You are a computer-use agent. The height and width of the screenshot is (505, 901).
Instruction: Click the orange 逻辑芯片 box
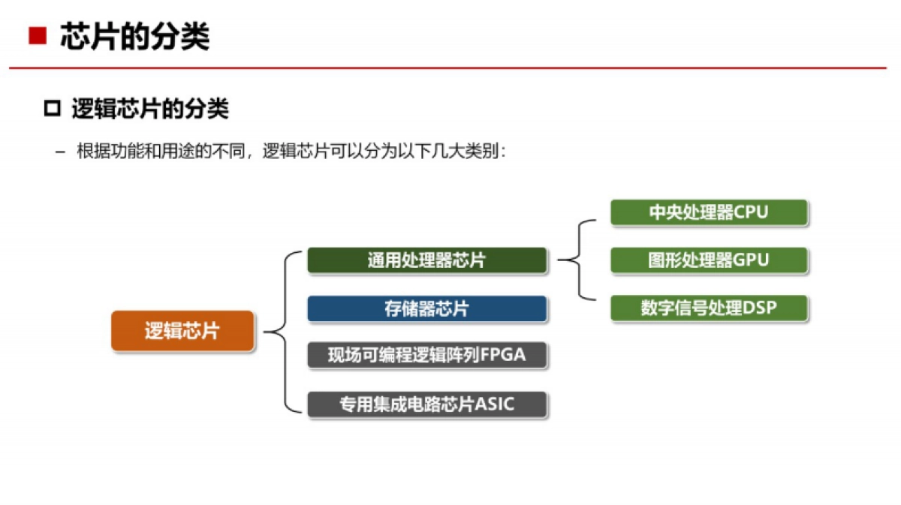click(x=182, y=331)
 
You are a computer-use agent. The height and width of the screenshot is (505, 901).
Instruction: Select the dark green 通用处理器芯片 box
click(x=426, y=260)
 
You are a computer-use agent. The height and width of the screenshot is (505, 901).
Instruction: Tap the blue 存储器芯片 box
click(x=426, y=308)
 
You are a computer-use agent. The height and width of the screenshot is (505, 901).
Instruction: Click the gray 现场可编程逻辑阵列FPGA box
click(x=426, y=355)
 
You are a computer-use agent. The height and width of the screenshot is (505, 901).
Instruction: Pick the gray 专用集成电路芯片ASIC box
click(x=426, y=404)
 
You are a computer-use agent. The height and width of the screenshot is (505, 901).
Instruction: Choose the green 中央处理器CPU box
click(x=709, y=212)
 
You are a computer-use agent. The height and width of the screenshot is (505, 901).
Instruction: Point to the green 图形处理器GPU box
click(x=709, y=260)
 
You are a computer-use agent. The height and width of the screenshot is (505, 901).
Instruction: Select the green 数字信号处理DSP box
click(x=709, y=308)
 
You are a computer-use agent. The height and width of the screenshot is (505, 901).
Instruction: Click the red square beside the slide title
click(x=38, y=36)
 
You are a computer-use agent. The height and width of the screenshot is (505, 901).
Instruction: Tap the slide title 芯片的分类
click(x=134, y=36)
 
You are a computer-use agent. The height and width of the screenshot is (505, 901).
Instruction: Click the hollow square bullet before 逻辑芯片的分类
click(x=52, y=110)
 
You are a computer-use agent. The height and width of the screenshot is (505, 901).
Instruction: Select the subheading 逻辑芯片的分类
click(x=149, y=110)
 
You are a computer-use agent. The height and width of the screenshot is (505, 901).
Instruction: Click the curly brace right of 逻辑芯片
click(x=276, y=332)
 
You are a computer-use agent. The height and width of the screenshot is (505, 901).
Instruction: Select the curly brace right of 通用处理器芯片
click(x=577, y=260)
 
